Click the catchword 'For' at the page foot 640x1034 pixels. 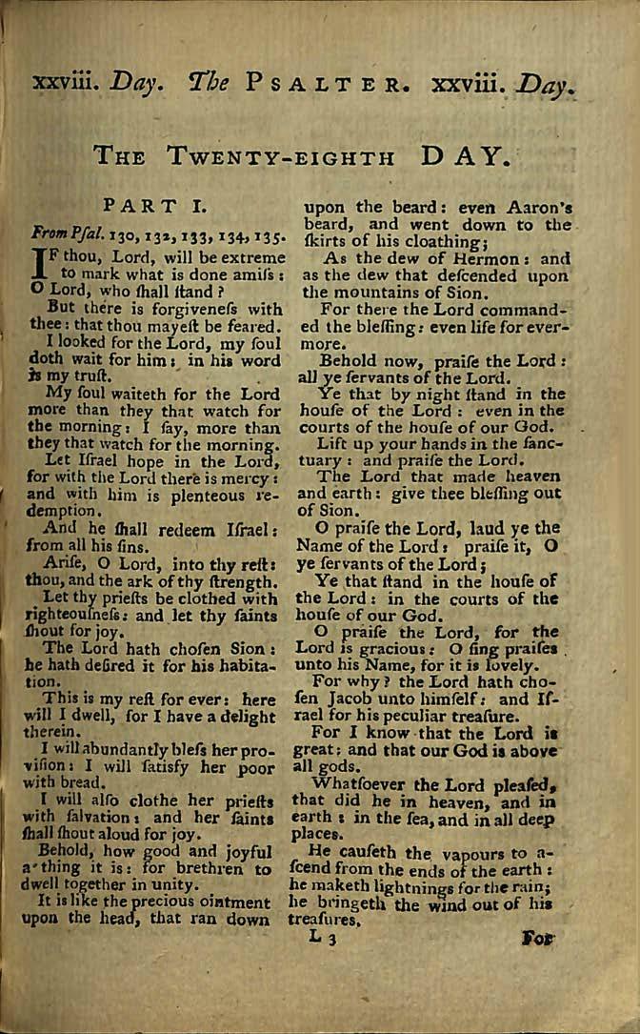(x=538, y=938)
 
